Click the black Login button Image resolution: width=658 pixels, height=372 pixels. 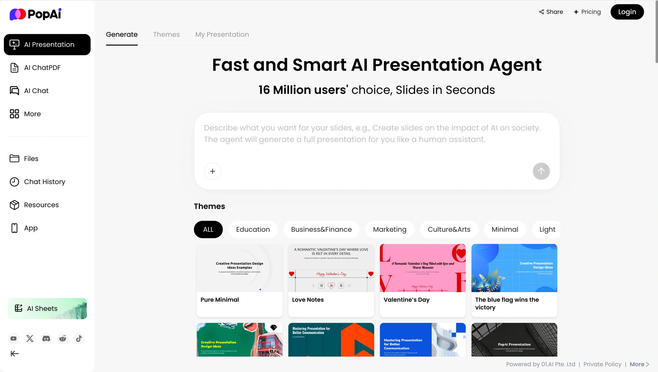coord(627,12)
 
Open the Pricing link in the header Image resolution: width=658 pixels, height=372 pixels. coord(587,12)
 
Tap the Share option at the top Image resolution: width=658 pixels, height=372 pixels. coord(551,12)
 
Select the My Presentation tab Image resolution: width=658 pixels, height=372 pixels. coord(222,34)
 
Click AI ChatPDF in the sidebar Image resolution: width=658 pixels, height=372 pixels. coord(42,68)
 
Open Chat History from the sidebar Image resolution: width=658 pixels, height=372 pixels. coord(44,182)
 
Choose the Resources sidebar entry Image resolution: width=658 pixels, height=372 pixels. coord(41,205)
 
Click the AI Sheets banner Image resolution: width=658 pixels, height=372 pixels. coord(47,308)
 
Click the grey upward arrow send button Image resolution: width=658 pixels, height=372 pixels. coord(541,171)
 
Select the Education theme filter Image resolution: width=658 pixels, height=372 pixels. coord(253,229)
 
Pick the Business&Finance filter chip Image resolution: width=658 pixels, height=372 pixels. coord(321,229)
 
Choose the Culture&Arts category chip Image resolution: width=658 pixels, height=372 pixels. coord(449,229)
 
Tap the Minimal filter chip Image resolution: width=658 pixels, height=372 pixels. coord(505,229)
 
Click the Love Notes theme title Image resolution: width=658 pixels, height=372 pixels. coord(308,300)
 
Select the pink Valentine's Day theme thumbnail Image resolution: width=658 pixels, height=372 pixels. coord(423,268)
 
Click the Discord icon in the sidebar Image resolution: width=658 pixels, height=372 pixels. coord(46,338)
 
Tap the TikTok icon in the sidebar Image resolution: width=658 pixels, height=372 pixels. coord(79,338)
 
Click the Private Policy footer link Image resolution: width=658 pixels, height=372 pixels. coord(602,364)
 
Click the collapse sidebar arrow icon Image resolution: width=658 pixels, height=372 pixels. coord(15,354)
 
